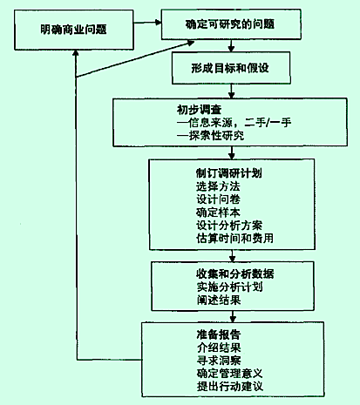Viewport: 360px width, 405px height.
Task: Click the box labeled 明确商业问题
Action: (74, 30)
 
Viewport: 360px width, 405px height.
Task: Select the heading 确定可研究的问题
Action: (229, 24)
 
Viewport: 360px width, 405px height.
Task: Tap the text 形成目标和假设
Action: (230, 68)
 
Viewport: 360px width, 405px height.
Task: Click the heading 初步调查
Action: (200, 110)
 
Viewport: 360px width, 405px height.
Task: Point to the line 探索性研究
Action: (210, 136)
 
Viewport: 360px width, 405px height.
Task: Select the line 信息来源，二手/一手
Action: (234, 123)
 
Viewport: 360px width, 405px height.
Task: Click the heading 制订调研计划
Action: (229, 173)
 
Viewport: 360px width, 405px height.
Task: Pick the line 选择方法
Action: (218, 186)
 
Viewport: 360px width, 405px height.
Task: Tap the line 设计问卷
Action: (218, 199)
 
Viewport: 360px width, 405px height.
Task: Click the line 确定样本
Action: (218, 213)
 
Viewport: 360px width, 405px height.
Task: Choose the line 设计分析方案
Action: (229, 226)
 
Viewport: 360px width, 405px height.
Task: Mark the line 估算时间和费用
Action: (234, 239)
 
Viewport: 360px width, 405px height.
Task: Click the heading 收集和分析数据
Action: (234, 274)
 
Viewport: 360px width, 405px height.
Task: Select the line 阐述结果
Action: (219, 300)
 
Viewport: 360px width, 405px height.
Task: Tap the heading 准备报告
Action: (219, 334)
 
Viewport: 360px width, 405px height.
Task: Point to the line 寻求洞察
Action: (219, 361)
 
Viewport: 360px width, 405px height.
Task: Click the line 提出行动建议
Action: (230, 387)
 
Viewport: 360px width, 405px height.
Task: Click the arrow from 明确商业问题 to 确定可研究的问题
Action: (147, 23)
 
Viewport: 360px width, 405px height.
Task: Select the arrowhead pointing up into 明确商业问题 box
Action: (76, 52)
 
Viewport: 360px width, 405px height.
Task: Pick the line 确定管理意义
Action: (230, 374)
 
